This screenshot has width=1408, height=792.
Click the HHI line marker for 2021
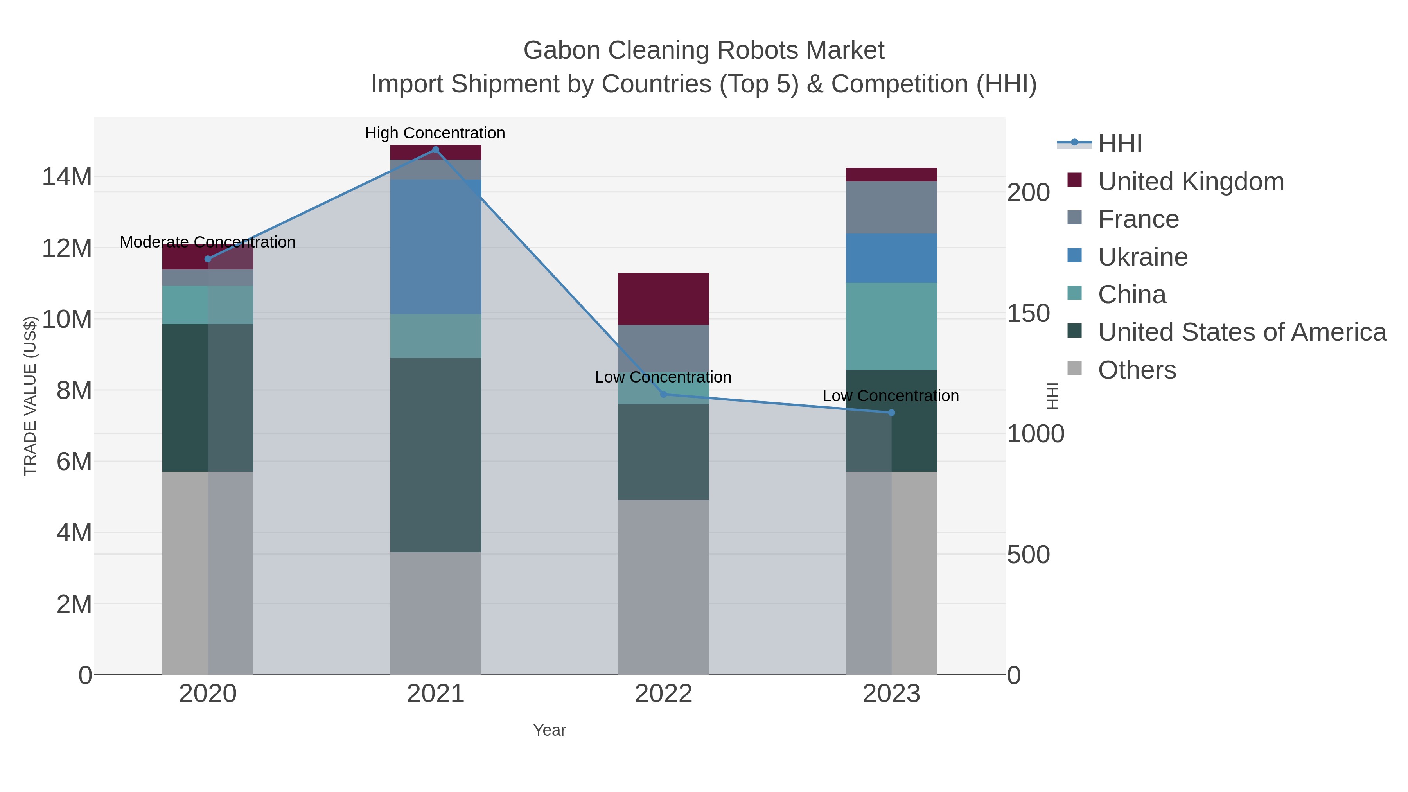point(436,150)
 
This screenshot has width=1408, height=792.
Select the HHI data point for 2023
point(891,413)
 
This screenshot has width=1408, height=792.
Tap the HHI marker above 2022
point(664,394)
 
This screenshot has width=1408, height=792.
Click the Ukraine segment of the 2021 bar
point(436,246)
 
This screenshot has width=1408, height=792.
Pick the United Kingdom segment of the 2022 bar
point(664,299)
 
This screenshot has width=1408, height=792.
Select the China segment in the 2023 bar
point(891,326)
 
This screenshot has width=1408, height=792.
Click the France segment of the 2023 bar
point(891,208)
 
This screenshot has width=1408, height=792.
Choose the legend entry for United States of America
point(1241,332)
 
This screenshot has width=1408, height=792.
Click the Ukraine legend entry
point(1142,257)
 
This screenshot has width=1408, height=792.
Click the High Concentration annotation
point(435,133)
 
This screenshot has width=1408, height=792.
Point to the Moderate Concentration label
point(208,242)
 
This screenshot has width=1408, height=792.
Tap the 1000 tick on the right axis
point(1035,434)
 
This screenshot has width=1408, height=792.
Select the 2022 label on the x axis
point(664,694)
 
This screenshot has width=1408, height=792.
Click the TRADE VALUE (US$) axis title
point(30,396)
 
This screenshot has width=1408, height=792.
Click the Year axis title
point(550,730)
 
